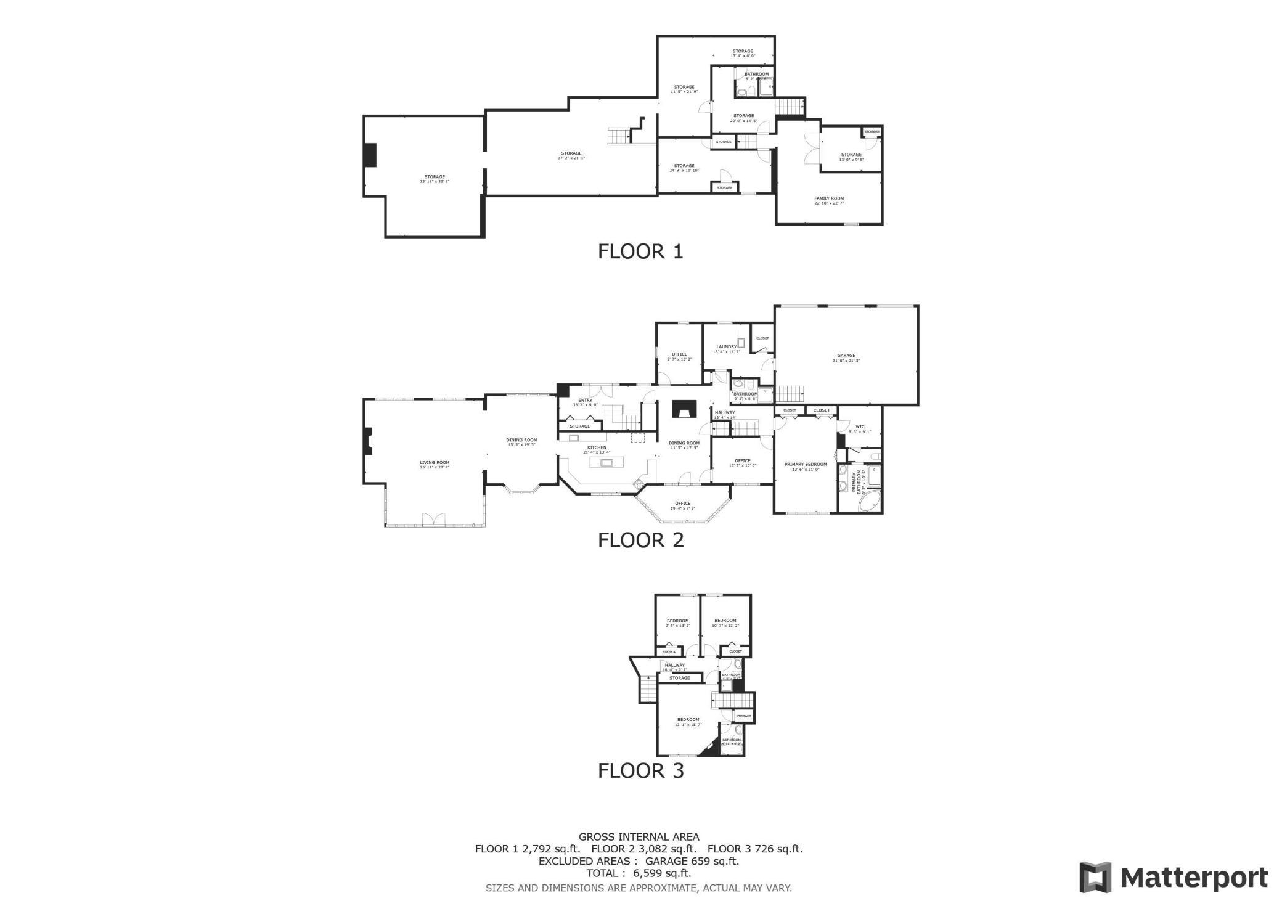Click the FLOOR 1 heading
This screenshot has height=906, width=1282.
[x=640, y=251]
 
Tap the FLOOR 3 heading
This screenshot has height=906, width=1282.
[x=640, y=770]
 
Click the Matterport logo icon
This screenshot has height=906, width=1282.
[x=1095, y=876]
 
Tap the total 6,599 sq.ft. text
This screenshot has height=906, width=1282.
[x=639, y=873]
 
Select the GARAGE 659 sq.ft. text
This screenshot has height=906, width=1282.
[x=692, y=861]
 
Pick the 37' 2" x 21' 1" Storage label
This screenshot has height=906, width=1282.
[x=571, y=155]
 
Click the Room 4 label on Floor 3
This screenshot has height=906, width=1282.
[x=669, y=651]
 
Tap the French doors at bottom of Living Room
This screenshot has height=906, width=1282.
[x=434, y=520]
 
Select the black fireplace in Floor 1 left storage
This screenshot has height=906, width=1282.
[x=370, y=155]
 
